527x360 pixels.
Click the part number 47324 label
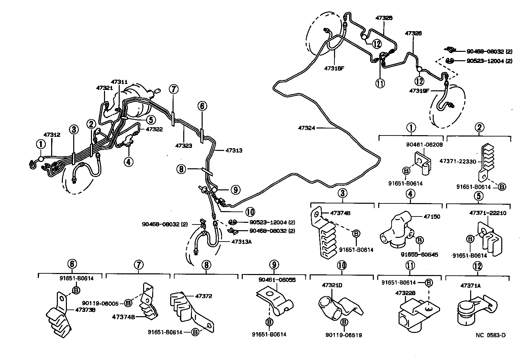[306, 127]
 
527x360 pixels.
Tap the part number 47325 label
[384, 18]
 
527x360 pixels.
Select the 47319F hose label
[419, 90]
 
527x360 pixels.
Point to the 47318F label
[334, 68]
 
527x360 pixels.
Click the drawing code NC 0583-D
[491, 335]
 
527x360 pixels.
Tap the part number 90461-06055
[277, 280]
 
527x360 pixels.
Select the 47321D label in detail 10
[332, 285]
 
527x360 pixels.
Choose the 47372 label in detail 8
[204, 296]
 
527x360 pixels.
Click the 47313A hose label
[241, 242]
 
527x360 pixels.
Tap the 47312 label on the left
[52, 134]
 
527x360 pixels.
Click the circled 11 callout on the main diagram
[380, 83]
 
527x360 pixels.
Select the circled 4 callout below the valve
[128, 162]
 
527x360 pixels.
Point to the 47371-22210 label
[488, 213]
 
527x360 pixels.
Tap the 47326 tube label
[413, 33]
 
